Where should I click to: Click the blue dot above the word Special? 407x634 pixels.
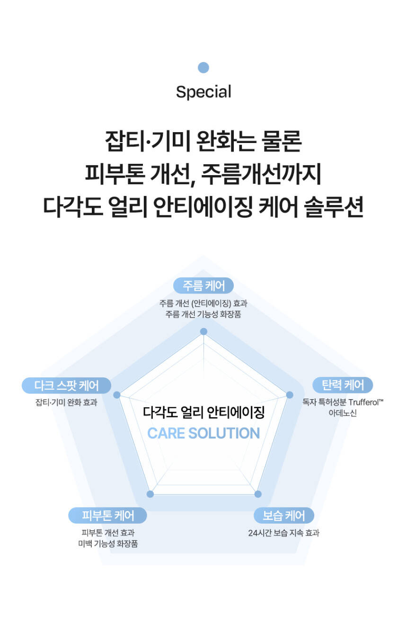click(203, 68)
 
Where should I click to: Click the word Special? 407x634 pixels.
click(203, 92)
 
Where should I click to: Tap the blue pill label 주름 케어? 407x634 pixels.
click(203, 286)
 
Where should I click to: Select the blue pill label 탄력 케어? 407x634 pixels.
click(343, 385)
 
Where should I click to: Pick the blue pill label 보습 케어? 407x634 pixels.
click(284, 515)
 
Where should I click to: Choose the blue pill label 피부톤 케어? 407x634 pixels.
click(108, 515)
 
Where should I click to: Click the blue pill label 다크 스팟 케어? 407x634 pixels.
click(67, 385)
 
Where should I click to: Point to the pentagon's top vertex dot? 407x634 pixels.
click(203, 331)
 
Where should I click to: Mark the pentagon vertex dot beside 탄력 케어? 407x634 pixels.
click(290, 395)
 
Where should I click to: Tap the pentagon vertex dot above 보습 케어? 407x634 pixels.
click(258, 494)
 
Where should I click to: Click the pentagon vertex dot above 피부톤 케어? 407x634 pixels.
click(150, 494)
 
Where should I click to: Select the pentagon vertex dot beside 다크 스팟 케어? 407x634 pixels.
click(117, 395)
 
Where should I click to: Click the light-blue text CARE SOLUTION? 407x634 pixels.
click(203, 433)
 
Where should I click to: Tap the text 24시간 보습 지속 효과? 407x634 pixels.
click(284, 533)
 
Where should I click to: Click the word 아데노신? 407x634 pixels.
click(343, 413)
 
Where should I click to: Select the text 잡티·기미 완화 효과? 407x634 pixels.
click(66, 403)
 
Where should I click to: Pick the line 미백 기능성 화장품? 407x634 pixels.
click(108, 544)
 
